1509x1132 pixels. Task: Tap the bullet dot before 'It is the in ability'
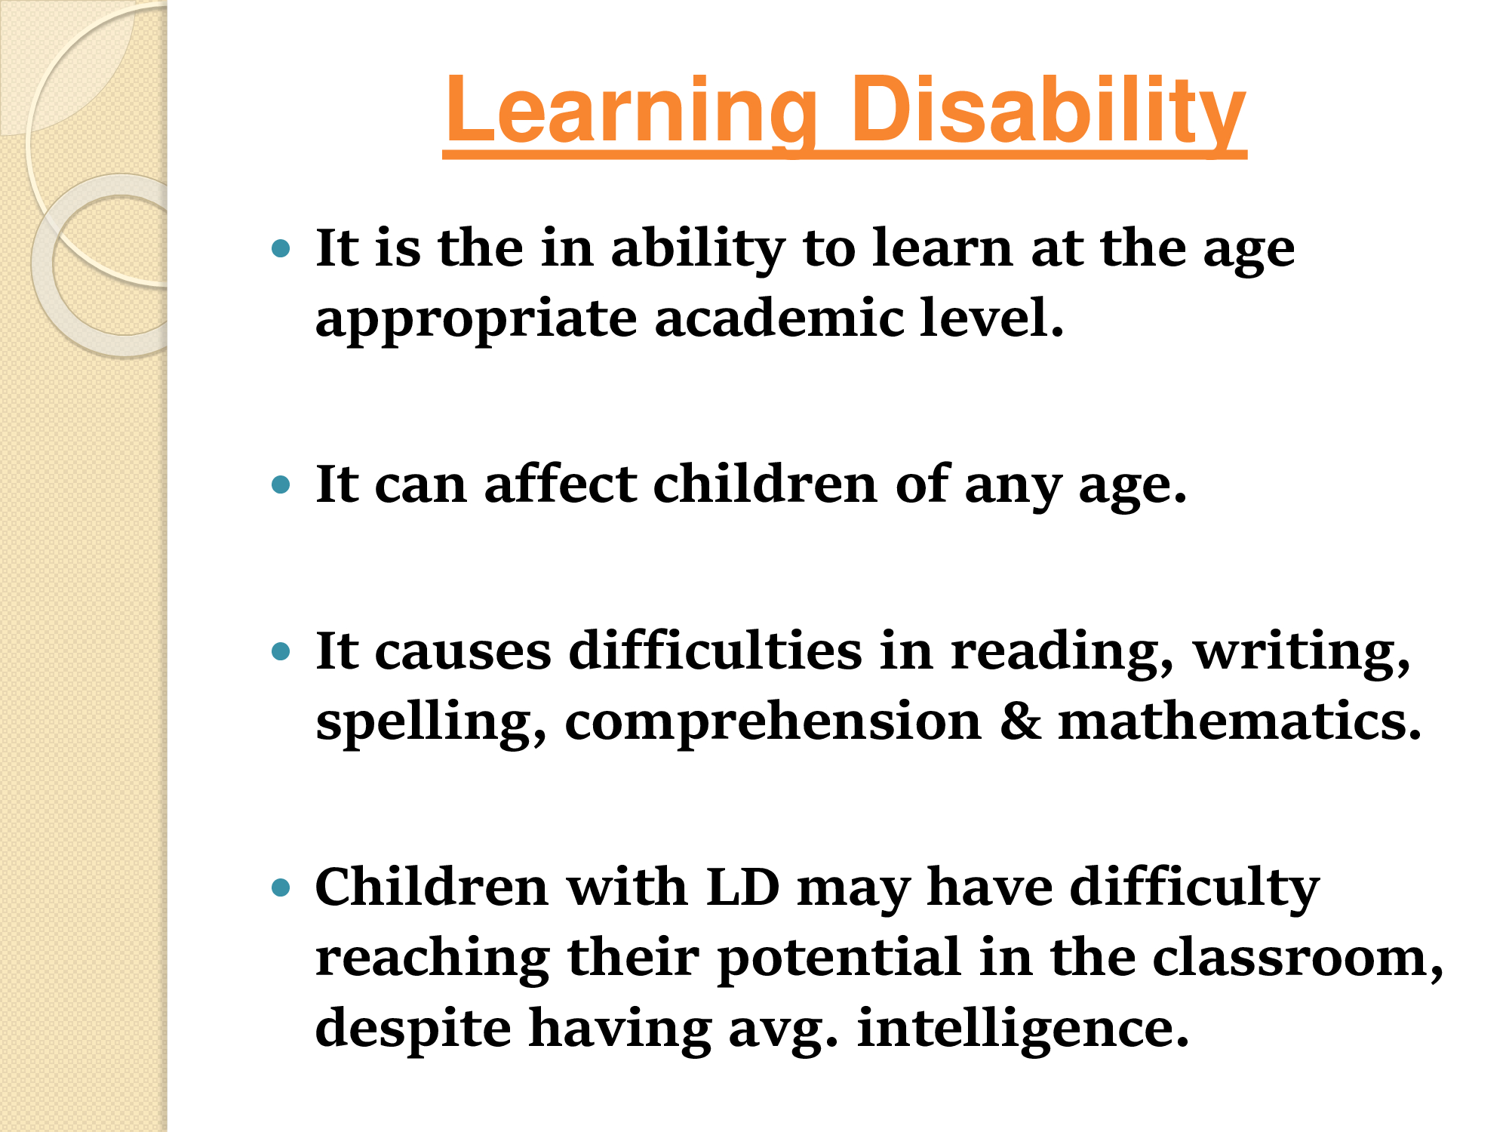tap(281, 248)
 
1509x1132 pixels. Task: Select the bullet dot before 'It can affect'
tap(281, 484)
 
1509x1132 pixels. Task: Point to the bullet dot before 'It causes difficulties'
tap(281, 651)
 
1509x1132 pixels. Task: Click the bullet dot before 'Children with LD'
tap(281, 887)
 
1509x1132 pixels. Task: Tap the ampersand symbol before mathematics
tap(1020, 721)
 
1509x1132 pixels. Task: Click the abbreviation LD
tap(742, 886)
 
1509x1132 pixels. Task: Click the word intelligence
tap(1023, 1029)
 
